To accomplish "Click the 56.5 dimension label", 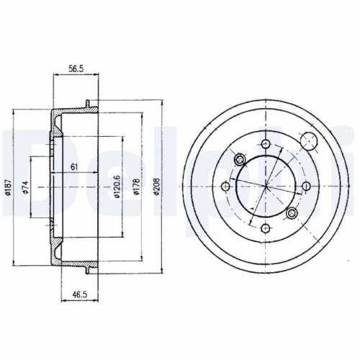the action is [x=76, y=68].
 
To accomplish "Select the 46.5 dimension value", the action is [x=79, y=294].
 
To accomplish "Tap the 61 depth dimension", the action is [x=74, y=166].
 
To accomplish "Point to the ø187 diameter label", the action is [x=8, y=187].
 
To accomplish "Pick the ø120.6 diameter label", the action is [x=117, y=187].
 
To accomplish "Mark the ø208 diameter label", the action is [x=156, y=186].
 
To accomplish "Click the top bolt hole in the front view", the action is [x=266, y=145].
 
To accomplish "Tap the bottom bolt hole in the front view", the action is [x=265, y=228].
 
